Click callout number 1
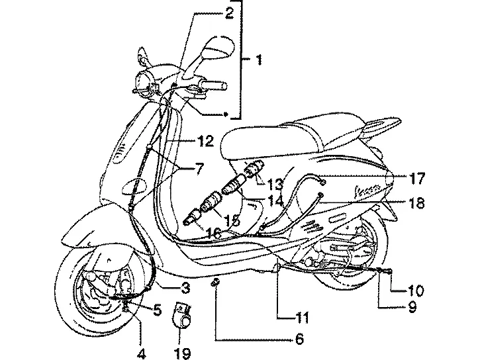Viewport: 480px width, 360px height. [259, 60]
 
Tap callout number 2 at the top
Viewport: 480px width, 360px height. [229, 13]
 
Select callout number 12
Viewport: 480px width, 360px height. [205, 142]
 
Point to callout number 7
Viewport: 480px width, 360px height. [199, 169]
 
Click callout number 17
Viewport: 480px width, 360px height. [416, 179]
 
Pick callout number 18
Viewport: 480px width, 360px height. [416, 202]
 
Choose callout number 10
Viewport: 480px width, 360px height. [415, 291]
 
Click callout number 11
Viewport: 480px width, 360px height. [302, 318]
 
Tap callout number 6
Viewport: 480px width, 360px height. [299, 339]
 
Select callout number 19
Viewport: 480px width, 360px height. [183, 353]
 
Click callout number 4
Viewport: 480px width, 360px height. [141, 354]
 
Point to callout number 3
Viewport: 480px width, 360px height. [185, 288]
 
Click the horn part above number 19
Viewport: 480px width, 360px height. [183, 315]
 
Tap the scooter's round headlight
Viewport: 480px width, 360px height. [145, 81]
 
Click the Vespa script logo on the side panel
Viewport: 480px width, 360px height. [368, 191]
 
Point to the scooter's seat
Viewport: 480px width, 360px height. [306, 138]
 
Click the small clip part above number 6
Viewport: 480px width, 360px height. [215, 283]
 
